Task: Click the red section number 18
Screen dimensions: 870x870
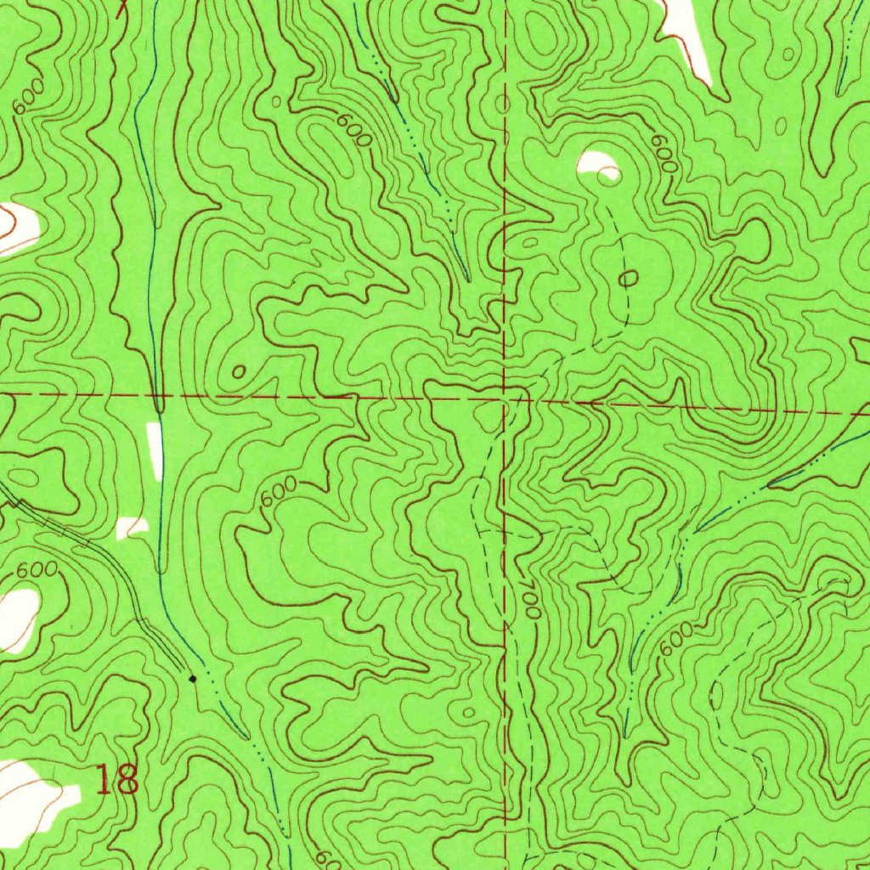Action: pos(117,779)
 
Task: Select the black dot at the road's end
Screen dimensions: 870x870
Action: pos(193,679)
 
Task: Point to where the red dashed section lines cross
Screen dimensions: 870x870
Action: pos(506,398)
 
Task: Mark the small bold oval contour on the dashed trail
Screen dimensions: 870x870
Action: pos(630,278)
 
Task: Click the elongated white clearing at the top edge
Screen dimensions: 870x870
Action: pos(688,34)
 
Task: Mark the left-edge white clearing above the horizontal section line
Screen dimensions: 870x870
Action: pos(17,228)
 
